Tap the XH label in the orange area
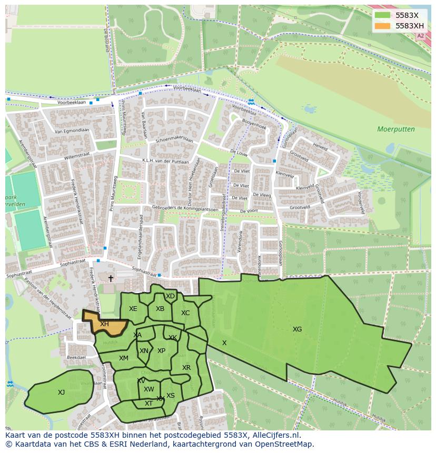click(x=104, y=324)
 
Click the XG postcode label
click(x=297, y=329)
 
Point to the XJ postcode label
click(x=61, y=392)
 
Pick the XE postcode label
click(x=133, y=309)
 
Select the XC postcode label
click(x=185, y=313)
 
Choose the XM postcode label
click(x=123, y=358)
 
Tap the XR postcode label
click(x=186, y=368)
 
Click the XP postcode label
click(x=161, y=351)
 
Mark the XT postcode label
click(x=148, y=404)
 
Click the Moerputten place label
click(x=395, y=129)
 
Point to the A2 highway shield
click(x=420, y=36)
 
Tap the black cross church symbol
click(x=111, y=278)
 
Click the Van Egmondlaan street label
click(x=72, y=130)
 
